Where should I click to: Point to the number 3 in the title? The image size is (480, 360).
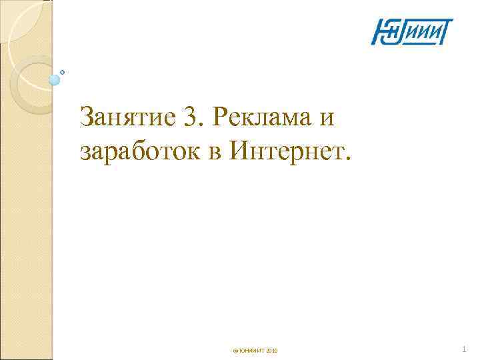click(189, 118)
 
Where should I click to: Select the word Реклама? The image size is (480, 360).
click(253, 118)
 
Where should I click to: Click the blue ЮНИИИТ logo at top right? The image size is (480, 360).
click(412, 32)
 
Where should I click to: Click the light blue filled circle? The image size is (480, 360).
click(55, 80)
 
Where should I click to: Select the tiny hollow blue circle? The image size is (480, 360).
click(63, 71)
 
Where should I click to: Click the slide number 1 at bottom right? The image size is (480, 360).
click(465, 349)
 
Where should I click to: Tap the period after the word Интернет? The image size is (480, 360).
click(345, 160)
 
